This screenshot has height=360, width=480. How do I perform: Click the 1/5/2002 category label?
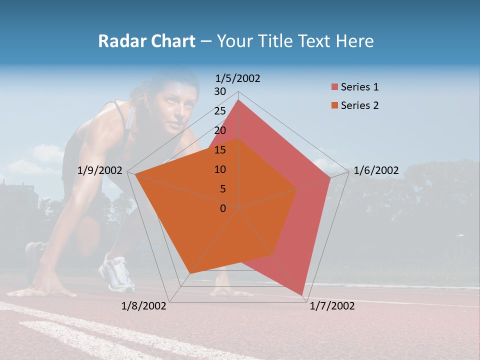point(238,78)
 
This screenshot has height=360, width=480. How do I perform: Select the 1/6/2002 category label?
point(376,170)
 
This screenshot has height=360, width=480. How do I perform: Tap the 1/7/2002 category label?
point(332,306)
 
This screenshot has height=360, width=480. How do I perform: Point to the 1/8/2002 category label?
point(144,306)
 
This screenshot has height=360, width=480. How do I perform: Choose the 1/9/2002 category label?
point(100,170)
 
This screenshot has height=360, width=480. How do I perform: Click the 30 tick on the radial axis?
point(220,91)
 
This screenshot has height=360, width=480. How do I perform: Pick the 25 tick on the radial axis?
point(220,111)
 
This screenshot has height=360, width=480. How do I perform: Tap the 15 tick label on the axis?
point(220,150)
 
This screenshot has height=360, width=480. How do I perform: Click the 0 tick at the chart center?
point(223,208)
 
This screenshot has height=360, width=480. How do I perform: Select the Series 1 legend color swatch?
point(334,87)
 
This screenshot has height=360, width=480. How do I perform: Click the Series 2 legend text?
point(359,105)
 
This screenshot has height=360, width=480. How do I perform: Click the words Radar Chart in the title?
point(146,41)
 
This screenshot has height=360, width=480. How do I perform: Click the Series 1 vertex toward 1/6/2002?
point(330,177)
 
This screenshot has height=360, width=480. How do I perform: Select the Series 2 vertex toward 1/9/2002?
point(135,175)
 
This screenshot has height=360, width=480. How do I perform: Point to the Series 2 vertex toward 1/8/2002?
point(190,273)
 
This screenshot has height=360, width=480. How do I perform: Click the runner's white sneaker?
point(116,274)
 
